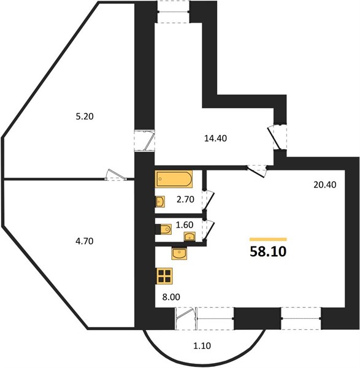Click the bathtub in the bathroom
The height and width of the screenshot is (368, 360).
click(x=174, y=179)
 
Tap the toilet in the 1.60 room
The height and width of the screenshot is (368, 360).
click(x=164, y=229)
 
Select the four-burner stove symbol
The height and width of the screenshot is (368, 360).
click(x=164, y=276)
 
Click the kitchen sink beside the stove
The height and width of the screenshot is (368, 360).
click(x=179, y=253)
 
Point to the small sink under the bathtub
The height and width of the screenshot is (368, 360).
click(x=160, y=202)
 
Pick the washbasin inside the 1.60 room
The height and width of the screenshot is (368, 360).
click(x=190, y=237)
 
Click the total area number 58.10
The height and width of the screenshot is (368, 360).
click(x=268, y=251)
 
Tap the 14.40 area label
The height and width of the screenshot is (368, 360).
click(x=215, y=139)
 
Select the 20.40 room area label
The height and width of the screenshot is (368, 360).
click(x=325, y=185)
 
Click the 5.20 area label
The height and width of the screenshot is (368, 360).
click(x=85, y=117)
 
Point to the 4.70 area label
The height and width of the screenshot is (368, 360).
click(x=85, y=241)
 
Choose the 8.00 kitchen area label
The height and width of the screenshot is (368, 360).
click(x=171, y=297)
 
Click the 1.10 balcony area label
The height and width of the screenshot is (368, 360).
click(x=202, y=346)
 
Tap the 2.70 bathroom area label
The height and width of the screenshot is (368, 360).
click(x=185, y=199)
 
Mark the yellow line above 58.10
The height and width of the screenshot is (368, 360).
click(x=268, y=239)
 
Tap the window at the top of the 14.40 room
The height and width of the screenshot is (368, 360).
click(x=174, y=11)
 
